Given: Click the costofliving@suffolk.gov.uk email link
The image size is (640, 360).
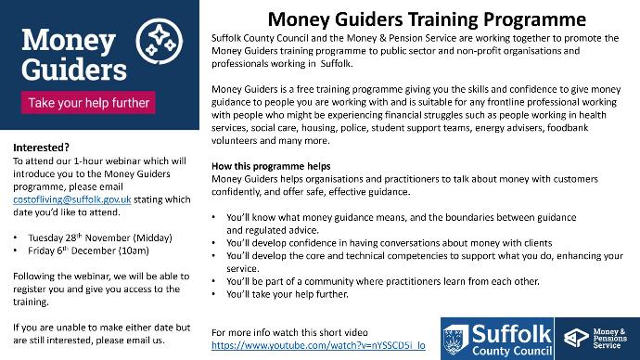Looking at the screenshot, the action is [x=71, y=199].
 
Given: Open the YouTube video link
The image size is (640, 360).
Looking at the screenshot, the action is [x=318, y=345].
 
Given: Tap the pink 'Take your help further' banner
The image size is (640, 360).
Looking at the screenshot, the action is [x=88, y=102].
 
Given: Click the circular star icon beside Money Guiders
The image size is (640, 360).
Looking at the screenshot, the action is [x=160, y=41].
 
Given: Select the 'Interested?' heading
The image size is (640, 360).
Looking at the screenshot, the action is [x=41, y=148].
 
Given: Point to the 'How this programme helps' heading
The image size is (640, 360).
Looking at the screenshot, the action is [x=271, y=166].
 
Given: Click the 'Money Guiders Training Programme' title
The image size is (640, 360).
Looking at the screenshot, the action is [x=427, y=19].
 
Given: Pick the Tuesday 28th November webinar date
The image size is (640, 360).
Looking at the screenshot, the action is [x=100, y=238].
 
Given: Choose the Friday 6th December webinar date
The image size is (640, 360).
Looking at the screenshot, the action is [x=88, y=251].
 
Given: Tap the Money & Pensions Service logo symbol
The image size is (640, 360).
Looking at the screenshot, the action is [x=576, y=338].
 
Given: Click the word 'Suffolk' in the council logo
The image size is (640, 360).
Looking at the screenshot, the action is [x=511, y=334].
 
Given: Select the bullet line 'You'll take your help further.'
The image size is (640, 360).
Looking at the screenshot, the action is [x=288, y=294].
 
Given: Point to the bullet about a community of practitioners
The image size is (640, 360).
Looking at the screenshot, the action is [x=383, y=282].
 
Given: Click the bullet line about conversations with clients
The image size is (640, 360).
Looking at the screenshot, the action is [x=390, y=243].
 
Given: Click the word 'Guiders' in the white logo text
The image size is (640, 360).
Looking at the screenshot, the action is [x=74, y=70].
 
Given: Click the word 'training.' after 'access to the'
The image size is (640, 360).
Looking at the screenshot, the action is [x=31, y=302].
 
